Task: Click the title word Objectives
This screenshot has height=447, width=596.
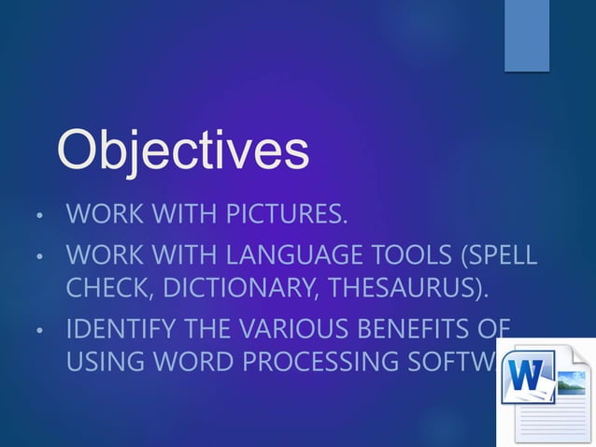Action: (x=183, y=151)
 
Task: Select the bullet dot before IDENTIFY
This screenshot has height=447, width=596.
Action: (x=37, y=331)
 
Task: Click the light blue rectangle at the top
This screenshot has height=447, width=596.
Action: (x=527, y=36)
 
